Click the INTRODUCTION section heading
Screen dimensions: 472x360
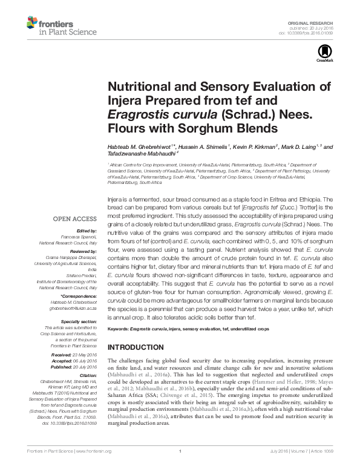(136, 347)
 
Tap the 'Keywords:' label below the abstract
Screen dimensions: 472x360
(119, 329)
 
